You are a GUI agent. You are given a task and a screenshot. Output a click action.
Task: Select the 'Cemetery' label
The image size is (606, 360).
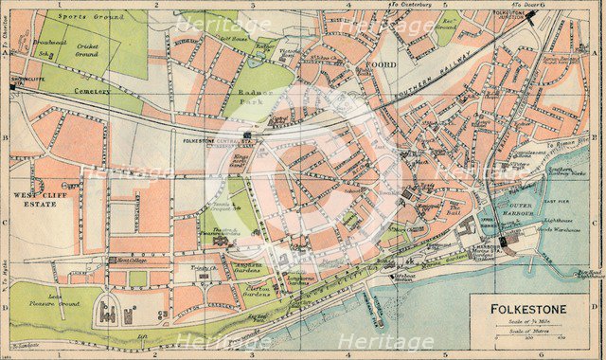pyautogui.click(x=92, y=92)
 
